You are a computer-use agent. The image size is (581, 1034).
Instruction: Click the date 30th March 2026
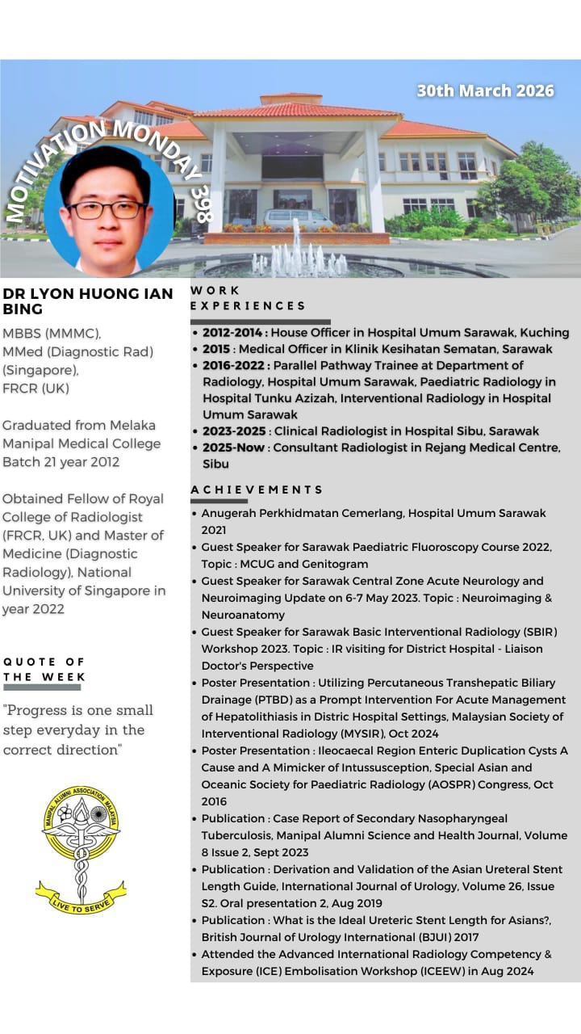485,90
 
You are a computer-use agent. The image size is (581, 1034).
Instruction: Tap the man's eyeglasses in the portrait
107,209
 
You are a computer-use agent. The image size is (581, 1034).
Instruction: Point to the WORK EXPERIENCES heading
248,298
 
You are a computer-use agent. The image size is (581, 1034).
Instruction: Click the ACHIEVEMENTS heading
257,490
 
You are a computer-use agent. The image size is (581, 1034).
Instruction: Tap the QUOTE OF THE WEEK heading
44,669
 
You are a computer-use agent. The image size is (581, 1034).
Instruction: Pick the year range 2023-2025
234,431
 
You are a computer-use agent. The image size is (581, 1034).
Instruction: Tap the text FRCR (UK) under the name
35,389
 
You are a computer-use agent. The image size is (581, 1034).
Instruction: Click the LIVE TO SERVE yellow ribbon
81,897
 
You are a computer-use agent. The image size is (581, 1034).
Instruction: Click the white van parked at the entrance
298,219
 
